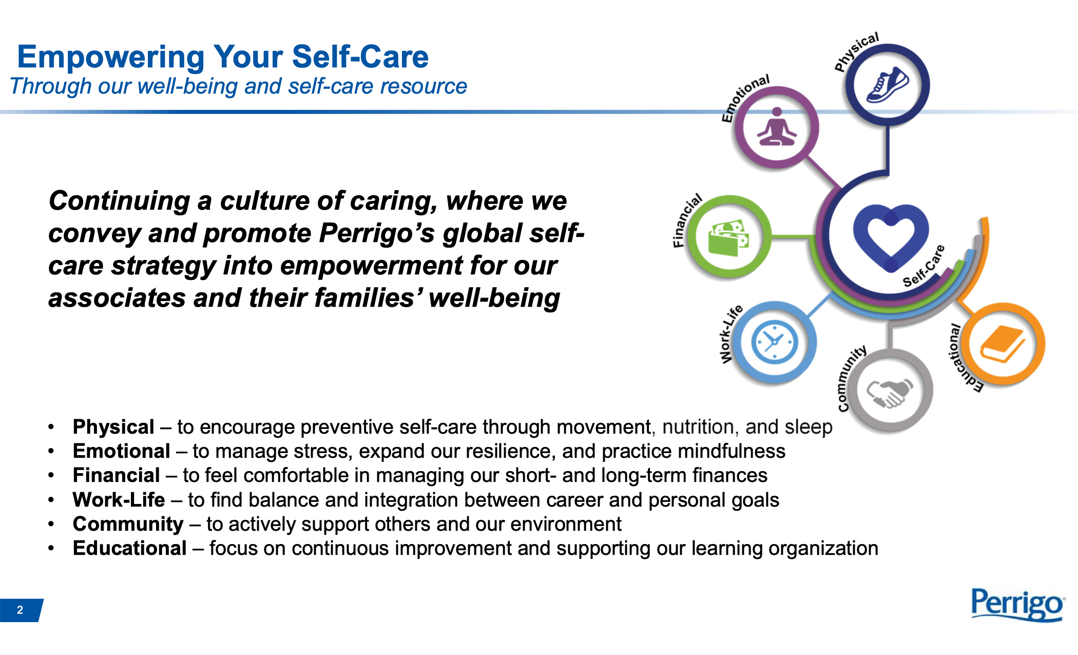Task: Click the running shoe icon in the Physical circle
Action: pyautogui.click(x=888, y=85)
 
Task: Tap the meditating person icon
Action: pyautogui.click(x=777, y=127)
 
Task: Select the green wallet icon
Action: pyautogui.click(x=728, y=237)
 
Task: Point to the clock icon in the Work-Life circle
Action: pyautogui.click(x=775, y=342)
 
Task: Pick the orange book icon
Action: pyautogui.click(x=1003, y=344)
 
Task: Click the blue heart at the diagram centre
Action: pyautogui.click(x=891, y=237)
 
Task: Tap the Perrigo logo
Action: pyautogui.click(x=1018, y=605)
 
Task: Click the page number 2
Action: pyautogui.click(x=20, y=610)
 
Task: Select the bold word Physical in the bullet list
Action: pyautogui.click(x=113, y=427)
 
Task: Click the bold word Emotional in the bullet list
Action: pyautogui.click(x=121, y=451)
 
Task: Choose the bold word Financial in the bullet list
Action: pyautogui.click(x=116, y=475)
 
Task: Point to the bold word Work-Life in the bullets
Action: pyautogui.click(x=119, y=499)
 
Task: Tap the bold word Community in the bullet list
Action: pyautogui.click(x=128, y=524)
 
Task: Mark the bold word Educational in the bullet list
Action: pyautogui.click(x=129, y=548)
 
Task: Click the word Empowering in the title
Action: pyautogui.click(x=111, y=57)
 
